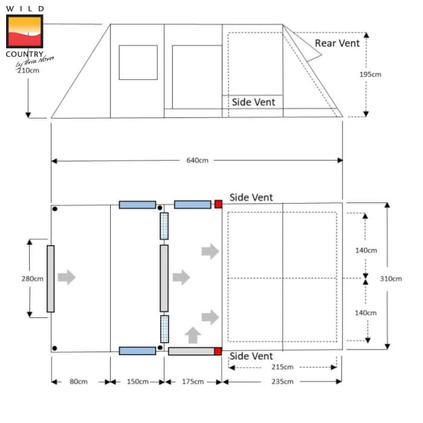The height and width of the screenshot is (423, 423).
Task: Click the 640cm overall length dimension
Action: tap(197, 161)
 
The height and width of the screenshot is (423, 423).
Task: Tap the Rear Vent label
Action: tap(337, 43)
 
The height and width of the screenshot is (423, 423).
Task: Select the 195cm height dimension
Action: tap(370, 74)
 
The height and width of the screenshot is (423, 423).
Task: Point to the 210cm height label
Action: tap(28, 71)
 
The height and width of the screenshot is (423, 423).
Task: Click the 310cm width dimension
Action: tap(391, 279)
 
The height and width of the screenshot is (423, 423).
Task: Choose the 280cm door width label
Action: tap(33, 279)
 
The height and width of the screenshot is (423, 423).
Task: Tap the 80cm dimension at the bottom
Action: tap(79, 381)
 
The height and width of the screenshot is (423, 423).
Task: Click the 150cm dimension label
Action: tap(138, 381)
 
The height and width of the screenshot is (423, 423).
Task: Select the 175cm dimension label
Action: tap(193, 381)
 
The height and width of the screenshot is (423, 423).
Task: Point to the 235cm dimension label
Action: tap(282, 381)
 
